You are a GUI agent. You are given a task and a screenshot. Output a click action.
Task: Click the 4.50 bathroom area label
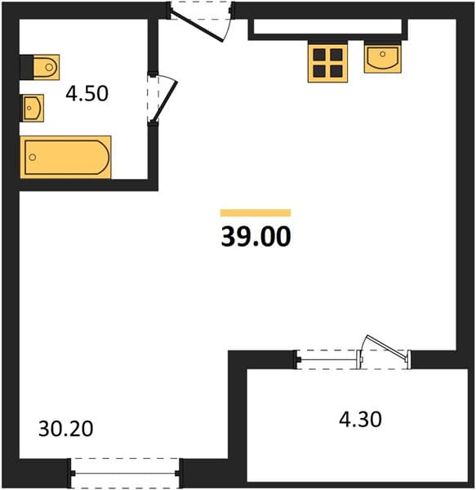tap(87, 93)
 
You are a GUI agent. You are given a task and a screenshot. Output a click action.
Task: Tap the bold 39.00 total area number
tap(256, 237)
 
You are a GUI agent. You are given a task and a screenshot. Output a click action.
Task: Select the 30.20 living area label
tap(66, 429)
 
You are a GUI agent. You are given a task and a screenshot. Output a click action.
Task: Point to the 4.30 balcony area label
tap(360, 420)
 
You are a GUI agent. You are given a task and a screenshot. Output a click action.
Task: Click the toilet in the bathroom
tap(40, 67)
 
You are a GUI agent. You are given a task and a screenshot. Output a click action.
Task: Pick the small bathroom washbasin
tap(32, 108)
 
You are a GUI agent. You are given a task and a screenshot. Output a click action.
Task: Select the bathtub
tap(65, 157)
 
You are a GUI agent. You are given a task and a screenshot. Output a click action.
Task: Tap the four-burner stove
tap(327, 64)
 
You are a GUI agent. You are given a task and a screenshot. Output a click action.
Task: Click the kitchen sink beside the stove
tap(383, 59)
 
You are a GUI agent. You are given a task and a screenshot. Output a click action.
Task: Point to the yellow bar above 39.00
tap(256, 213)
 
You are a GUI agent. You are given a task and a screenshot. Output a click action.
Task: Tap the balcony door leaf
tap(387, 348)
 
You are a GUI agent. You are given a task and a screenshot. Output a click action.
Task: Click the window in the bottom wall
tap(125, 474)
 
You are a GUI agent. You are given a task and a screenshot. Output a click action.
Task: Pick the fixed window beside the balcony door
tap(327, 359)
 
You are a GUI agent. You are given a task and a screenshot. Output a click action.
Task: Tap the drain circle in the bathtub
tap(33, 157)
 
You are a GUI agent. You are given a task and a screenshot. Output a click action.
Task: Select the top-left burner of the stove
tap(319, 55)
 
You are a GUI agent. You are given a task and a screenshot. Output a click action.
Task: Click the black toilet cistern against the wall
tap(27, 67)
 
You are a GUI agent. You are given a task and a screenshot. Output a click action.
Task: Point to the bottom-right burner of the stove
tap(336, 71)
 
